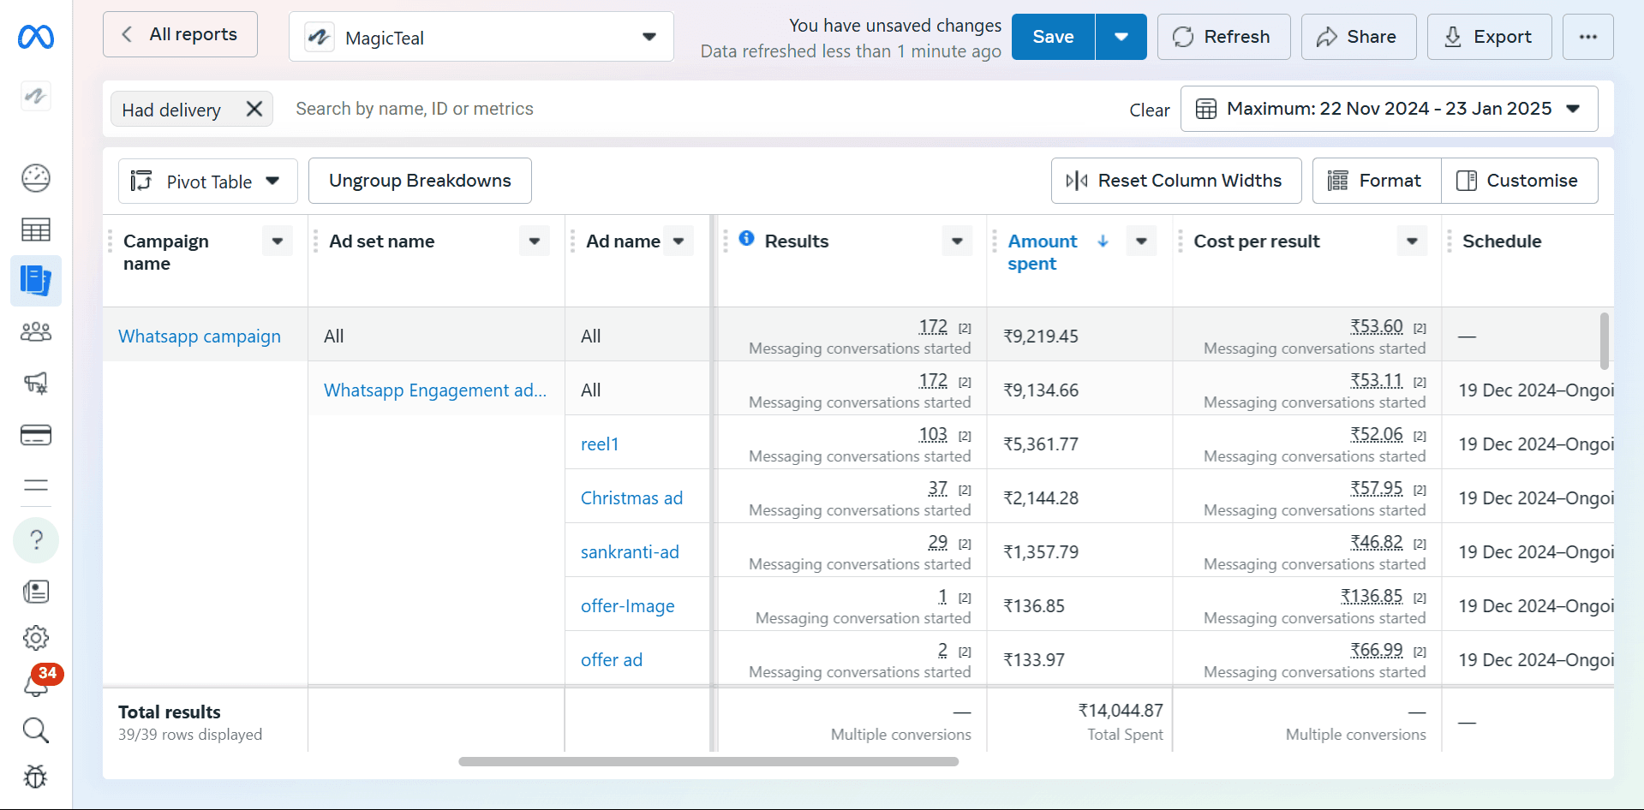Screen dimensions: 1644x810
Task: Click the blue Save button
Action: (1053, 37)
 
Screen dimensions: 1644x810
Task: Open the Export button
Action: (1489, 37)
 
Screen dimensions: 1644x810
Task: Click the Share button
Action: (1358, 37)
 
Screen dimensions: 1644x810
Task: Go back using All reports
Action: (180, 34)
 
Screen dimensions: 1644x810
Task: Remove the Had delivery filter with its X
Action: (254, 109)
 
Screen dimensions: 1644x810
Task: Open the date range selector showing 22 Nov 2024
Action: (1389, 109)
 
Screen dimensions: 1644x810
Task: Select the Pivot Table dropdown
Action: (208, 181)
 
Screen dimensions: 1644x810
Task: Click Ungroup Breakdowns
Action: (420, 181)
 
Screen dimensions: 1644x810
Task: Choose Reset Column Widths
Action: (1176, 181)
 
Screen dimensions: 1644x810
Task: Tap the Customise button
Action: (1520, 181)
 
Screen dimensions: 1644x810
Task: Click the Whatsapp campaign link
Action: (200, 337)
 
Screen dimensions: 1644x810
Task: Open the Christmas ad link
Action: (632, 498)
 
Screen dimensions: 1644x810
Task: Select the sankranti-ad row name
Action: (630, 552)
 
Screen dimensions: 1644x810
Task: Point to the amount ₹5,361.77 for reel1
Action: (1041, 444)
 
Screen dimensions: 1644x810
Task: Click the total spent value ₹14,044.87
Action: (1121, 711)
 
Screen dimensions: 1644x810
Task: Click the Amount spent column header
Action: (1043, 253)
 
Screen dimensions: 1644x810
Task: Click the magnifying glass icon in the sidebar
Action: (36, 730)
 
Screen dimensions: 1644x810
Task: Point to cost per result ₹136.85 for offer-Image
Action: (1372, 596)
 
